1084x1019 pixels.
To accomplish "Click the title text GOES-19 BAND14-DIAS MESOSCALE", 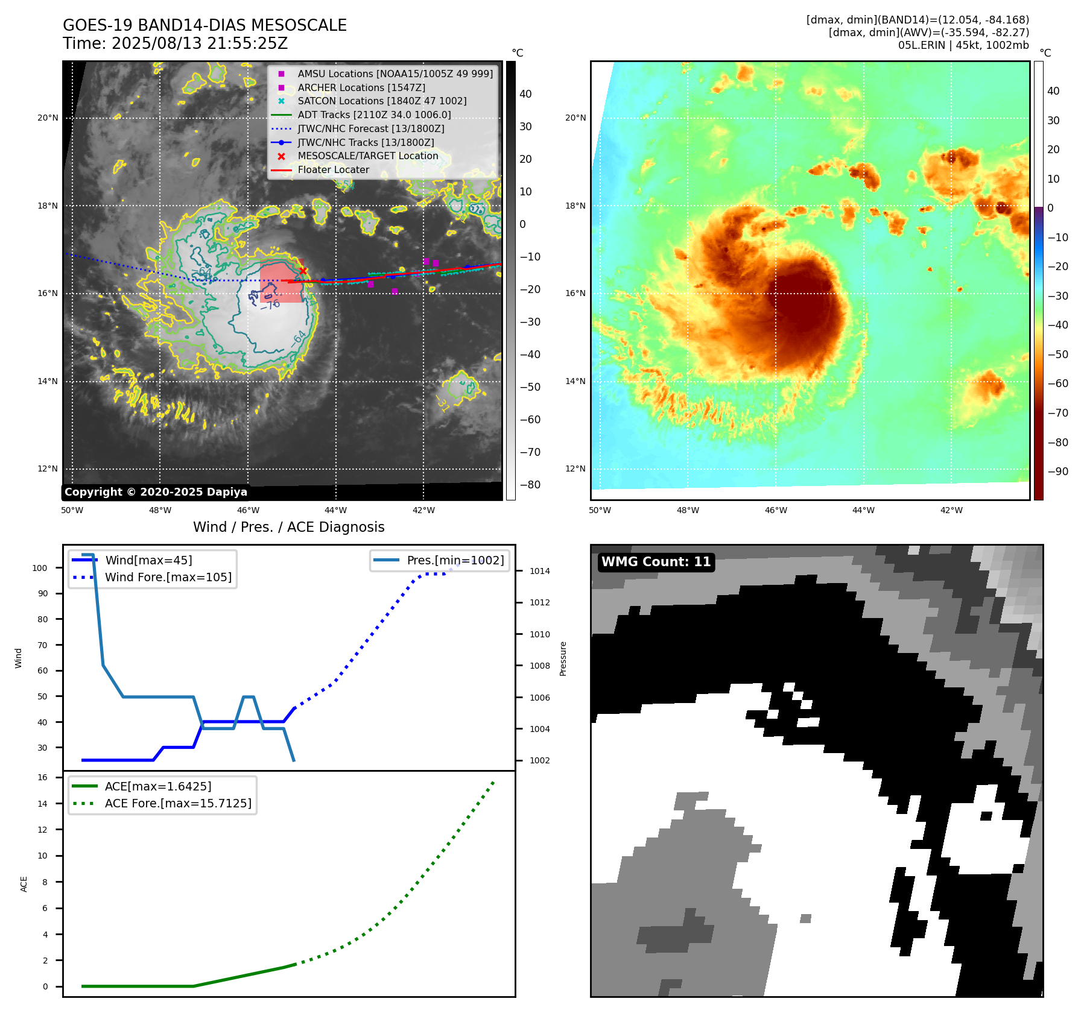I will click(x=204, y=25).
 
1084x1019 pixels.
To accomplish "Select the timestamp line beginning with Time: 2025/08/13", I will click(x=175, y=43).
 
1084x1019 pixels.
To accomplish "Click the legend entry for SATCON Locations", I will click(x=382, y=101).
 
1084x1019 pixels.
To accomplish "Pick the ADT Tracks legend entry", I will click(x=374, y=115).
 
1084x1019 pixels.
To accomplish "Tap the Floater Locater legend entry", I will click(x=333, y=169).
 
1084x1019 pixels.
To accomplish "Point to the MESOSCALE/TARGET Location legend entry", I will click(x=367, y=156).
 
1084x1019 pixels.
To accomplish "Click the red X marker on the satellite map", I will click(x=303, y=271).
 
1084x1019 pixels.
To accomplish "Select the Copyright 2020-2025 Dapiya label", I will click(x=156, y=492).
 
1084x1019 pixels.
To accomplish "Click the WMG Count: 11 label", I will click(x=656, y=562).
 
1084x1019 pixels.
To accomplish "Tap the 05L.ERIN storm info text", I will click(x=963, y=45).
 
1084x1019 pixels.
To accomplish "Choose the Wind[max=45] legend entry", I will click(x=148, y=560).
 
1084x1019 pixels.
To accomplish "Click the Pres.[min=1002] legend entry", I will click(x=455, y=560).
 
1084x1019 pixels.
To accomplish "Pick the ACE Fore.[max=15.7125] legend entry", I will click(x=178, y=803).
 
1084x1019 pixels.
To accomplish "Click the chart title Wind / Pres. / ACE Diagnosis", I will click(x=288, y=527).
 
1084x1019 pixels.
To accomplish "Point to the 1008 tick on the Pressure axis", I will click(x=539, y=666).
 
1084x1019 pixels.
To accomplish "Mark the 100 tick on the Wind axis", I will click(x=40, y=568).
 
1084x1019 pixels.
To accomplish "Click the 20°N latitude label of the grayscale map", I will click(x=48, y=118).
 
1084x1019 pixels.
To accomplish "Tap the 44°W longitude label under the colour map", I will click(x=863, y=510).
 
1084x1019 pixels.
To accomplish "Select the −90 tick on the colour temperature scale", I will click(x=1057, y=472).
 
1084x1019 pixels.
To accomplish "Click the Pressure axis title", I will click(x=563, y=658).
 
